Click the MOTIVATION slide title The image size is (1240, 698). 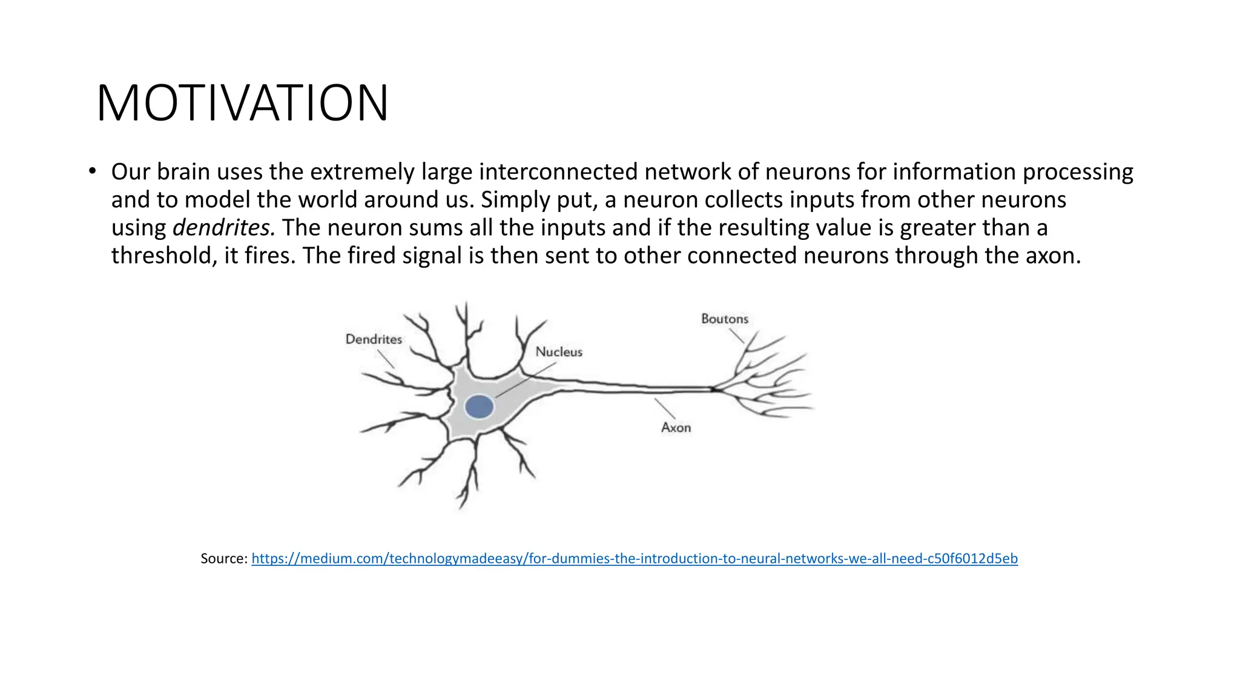click(242, 104)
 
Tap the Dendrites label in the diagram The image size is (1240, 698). click(374, 339)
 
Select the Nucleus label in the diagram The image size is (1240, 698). click(559, 352)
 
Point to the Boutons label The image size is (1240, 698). click(725, 319)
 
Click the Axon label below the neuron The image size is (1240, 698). click(676, 428)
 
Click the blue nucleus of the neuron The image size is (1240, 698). click(479, 407)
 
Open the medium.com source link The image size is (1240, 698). click(634, 559)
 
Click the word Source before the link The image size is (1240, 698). click(222, 559)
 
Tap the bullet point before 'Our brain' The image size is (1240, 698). click(91, 171)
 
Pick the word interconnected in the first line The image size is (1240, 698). click(558, 172)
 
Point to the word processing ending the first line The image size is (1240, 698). click(1078, 172)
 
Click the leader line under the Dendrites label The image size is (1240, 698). click(386, 359)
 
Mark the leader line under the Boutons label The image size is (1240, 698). click(736, 336)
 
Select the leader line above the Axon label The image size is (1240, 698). click(664, 408)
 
